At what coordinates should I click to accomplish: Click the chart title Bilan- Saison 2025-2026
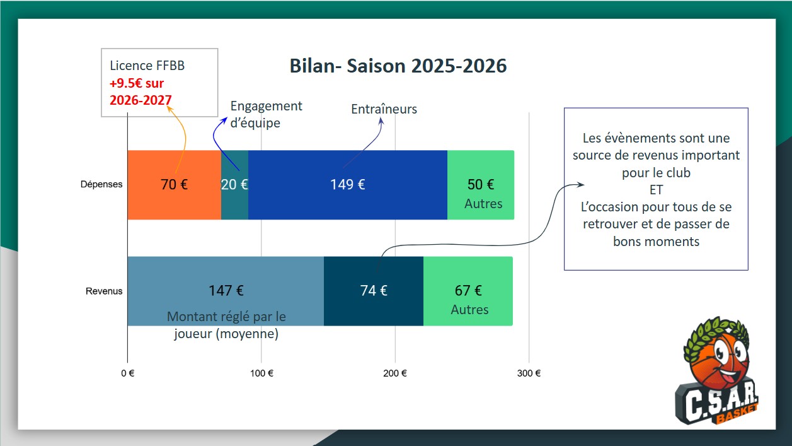click(398, 66)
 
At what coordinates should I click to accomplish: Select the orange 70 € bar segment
click(175, 185)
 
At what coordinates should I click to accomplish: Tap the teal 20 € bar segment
click(234, 185)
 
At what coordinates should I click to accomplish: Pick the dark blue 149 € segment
click(348, 185)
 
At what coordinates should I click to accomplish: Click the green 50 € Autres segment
click(481, 185)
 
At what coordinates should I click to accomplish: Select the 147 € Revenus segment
click(226, 291)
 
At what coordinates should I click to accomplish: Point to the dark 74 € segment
click(374, 291)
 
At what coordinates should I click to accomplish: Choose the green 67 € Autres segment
click(468, 291)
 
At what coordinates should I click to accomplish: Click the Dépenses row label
click(101, 184)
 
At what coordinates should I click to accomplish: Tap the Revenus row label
click(104, 291)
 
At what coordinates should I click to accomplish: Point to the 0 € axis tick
click(128, 373)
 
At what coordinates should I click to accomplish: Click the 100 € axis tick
click(261, 373)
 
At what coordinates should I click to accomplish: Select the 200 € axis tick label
click(395, 373)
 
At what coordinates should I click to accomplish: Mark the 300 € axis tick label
click(529, 373)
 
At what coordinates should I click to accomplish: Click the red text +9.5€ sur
click(137, 83)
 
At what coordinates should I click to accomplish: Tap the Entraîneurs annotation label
click(384, 109)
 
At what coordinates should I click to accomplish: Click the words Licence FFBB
click(147, 66)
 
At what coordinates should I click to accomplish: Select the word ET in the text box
click(657, 190)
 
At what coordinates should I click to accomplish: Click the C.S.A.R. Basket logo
click(717, 370)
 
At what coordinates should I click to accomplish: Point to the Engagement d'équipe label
click(267, 114)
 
